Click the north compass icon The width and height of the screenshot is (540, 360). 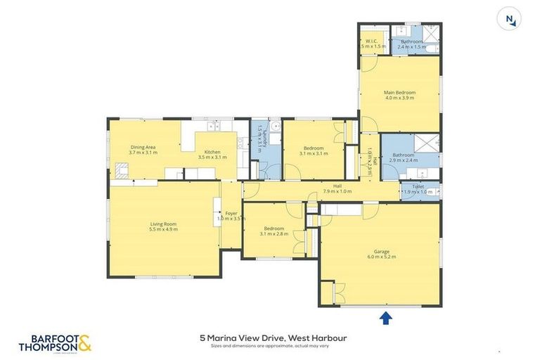click(508, 19)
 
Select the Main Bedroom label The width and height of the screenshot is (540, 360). click(399, 96)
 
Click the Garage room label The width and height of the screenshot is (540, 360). click(380, 254)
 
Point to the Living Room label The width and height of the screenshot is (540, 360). click(163, 226)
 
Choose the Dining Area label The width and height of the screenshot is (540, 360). click(142, 149)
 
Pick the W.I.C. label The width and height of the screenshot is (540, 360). click(371, 44)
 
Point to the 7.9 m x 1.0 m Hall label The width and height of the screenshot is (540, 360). click(337, 188)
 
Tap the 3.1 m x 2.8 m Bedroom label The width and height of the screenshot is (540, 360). click(274, 231)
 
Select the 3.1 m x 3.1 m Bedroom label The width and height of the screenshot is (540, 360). click(312, 150)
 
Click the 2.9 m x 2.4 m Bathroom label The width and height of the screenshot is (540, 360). click(404, 157)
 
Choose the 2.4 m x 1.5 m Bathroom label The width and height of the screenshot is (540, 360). click(411, 44)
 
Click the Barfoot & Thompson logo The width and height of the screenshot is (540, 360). click(55, 343)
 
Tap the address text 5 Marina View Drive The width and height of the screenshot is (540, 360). click(273, 338)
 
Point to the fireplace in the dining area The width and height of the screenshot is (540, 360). click(122, 169)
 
